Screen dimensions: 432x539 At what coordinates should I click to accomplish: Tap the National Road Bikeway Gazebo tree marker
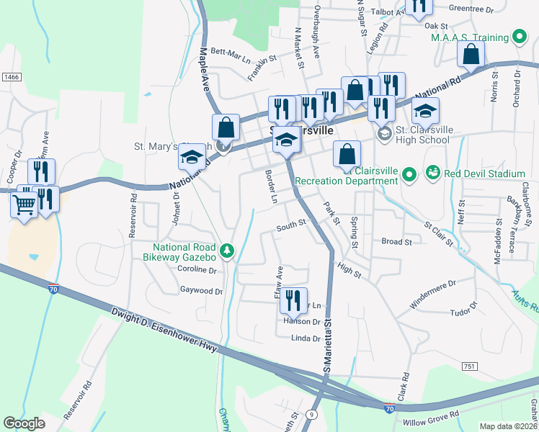[228, 250]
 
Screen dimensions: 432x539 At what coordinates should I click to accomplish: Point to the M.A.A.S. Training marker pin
[517, 37]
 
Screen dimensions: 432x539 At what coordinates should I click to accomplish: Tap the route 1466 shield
[11, 76]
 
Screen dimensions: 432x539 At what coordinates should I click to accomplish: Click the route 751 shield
[470, 366]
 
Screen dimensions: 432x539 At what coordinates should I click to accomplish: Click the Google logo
[24, 423]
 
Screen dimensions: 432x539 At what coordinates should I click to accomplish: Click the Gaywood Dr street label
[202, 291]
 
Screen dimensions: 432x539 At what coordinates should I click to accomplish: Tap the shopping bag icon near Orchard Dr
[471, 54]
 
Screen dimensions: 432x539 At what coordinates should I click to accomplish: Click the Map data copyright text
[508, 426]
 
